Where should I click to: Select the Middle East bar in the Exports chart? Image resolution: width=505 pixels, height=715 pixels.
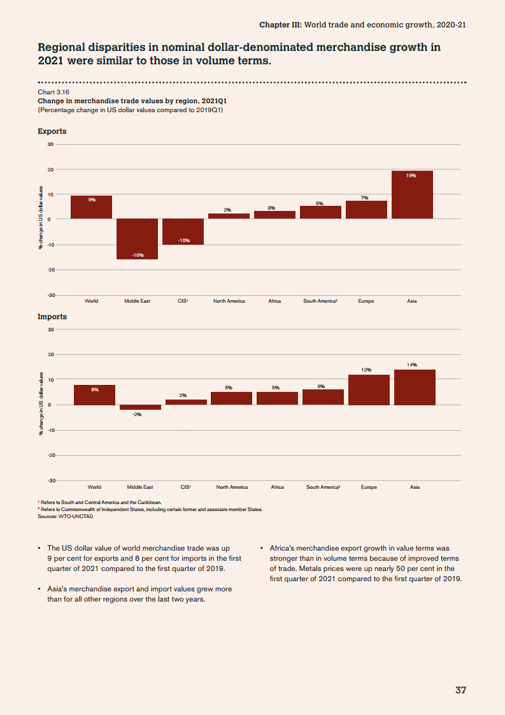(137, 239)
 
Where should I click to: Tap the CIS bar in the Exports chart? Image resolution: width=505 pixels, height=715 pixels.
(183, 232)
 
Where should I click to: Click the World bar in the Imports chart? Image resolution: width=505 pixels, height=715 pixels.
(94, 394)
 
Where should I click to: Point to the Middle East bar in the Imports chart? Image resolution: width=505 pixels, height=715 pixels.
(140, 407)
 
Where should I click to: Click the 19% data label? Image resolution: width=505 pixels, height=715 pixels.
(412, 175)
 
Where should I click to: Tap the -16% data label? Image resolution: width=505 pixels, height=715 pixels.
(137, 255)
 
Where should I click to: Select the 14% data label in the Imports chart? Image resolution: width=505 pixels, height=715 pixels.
(412, 365)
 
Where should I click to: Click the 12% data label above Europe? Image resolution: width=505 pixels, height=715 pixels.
(366, 370)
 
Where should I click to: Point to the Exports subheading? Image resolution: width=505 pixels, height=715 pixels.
(52, 131)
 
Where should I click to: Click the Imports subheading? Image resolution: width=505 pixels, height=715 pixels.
(52, 317)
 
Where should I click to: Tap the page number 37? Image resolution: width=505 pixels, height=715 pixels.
(461, 690)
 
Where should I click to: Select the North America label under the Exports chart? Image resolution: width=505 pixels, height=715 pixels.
(229, 301)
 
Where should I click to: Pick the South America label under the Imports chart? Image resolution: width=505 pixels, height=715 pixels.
(323, 487)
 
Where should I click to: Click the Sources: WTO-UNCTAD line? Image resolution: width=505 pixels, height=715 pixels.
(66, 517)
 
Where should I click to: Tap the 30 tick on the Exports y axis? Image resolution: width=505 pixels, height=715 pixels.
(50, 144)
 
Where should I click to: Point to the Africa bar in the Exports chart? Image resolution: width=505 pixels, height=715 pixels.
(274, 215)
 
